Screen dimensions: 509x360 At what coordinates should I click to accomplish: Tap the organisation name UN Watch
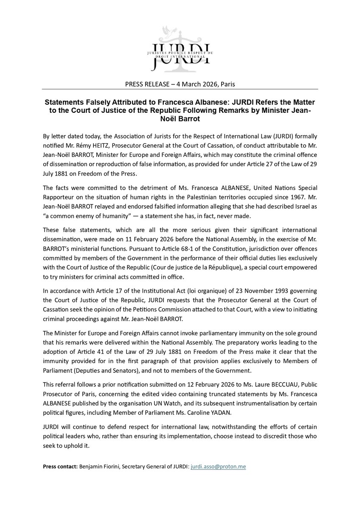163,409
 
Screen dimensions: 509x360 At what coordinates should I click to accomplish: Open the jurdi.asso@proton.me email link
219,467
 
